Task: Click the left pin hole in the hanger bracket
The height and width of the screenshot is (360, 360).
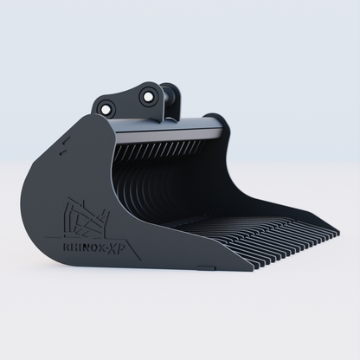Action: pyautogui.click(x=106, y=109)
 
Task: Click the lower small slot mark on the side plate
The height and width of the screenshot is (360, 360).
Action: pyautogui.click(x=61, y=154)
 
